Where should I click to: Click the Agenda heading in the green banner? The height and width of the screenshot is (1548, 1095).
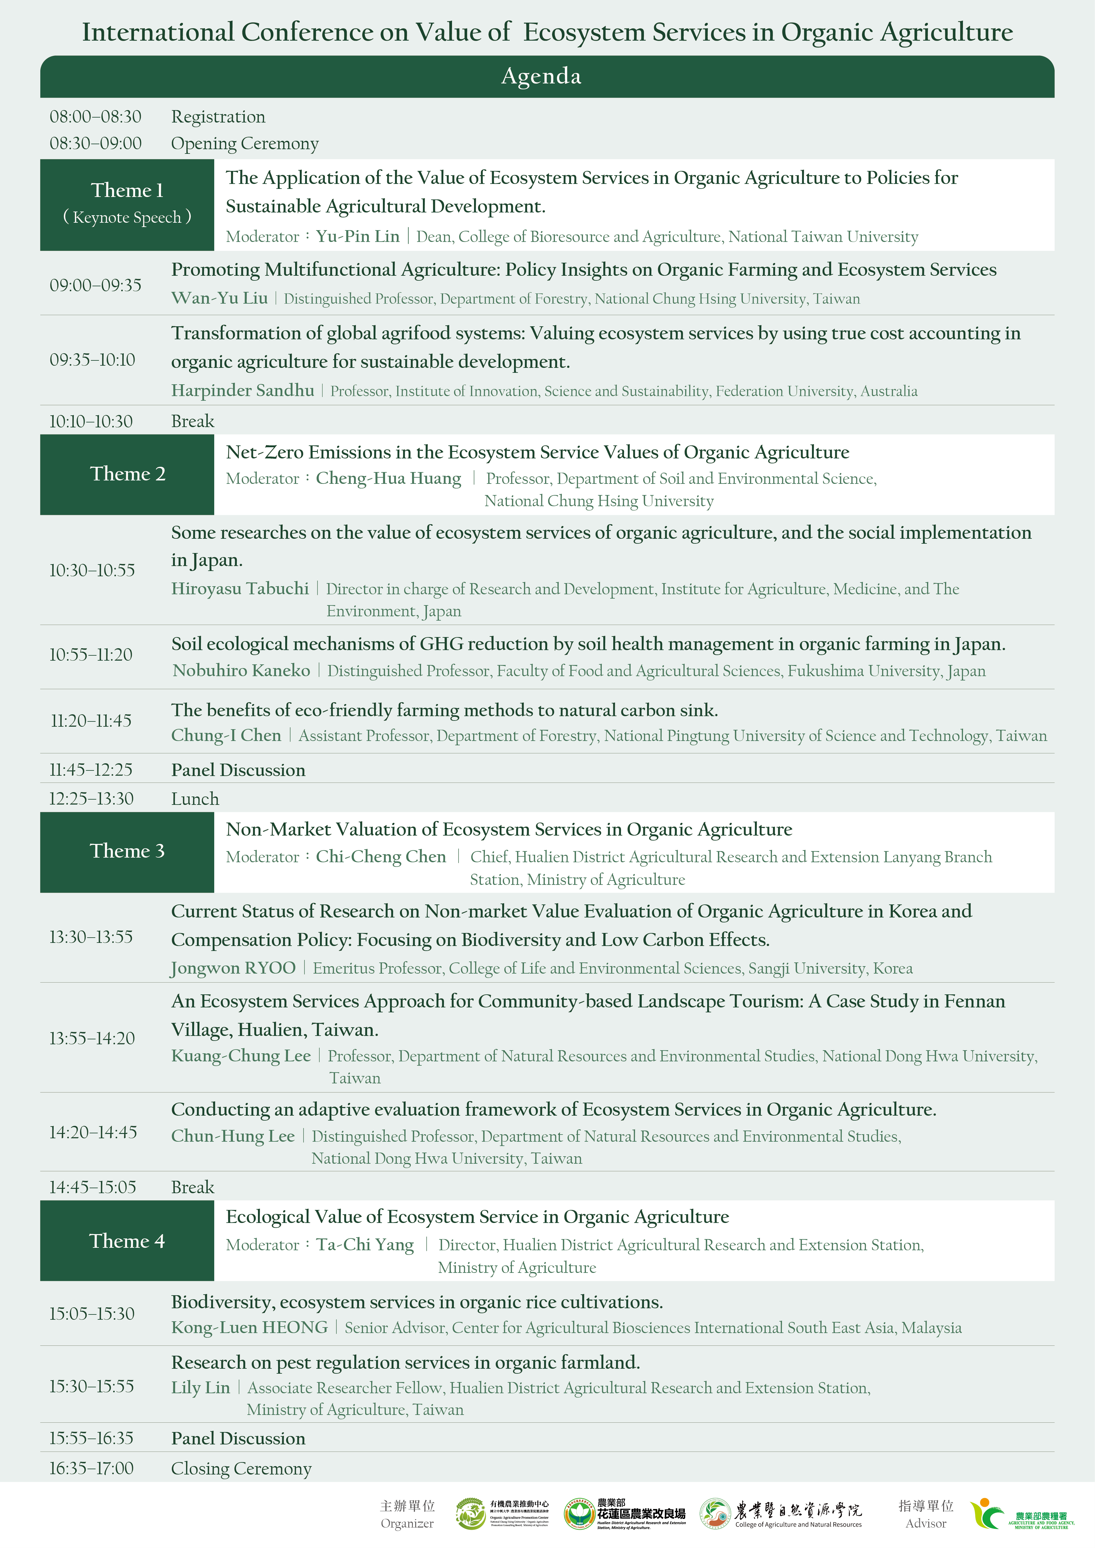[541, 76]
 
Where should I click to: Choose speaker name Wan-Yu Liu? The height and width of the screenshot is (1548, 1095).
[219, 298]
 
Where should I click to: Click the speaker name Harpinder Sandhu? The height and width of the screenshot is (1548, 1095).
[243, 390]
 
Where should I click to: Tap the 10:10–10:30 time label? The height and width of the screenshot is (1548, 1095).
[91, 422]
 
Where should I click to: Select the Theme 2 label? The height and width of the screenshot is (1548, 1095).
[127, 474]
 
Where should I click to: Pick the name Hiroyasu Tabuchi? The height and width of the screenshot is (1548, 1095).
[240, 589]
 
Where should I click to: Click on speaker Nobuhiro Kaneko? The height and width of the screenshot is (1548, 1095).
[242, 671]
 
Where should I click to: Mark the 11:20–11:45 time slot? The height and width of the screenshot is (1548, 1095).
[91, 721]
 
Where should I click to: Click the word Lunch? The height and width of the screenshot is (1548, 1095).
[195, 799]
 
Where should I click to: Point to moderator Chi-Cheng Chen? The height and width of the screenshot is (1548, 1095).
[381, 857]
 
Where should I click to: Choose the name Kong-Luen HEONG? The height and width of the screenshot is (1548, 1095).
[250, 1327]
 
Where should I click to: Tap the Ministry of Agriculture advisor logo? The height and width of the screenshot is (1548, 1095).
[1022, 1514]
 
